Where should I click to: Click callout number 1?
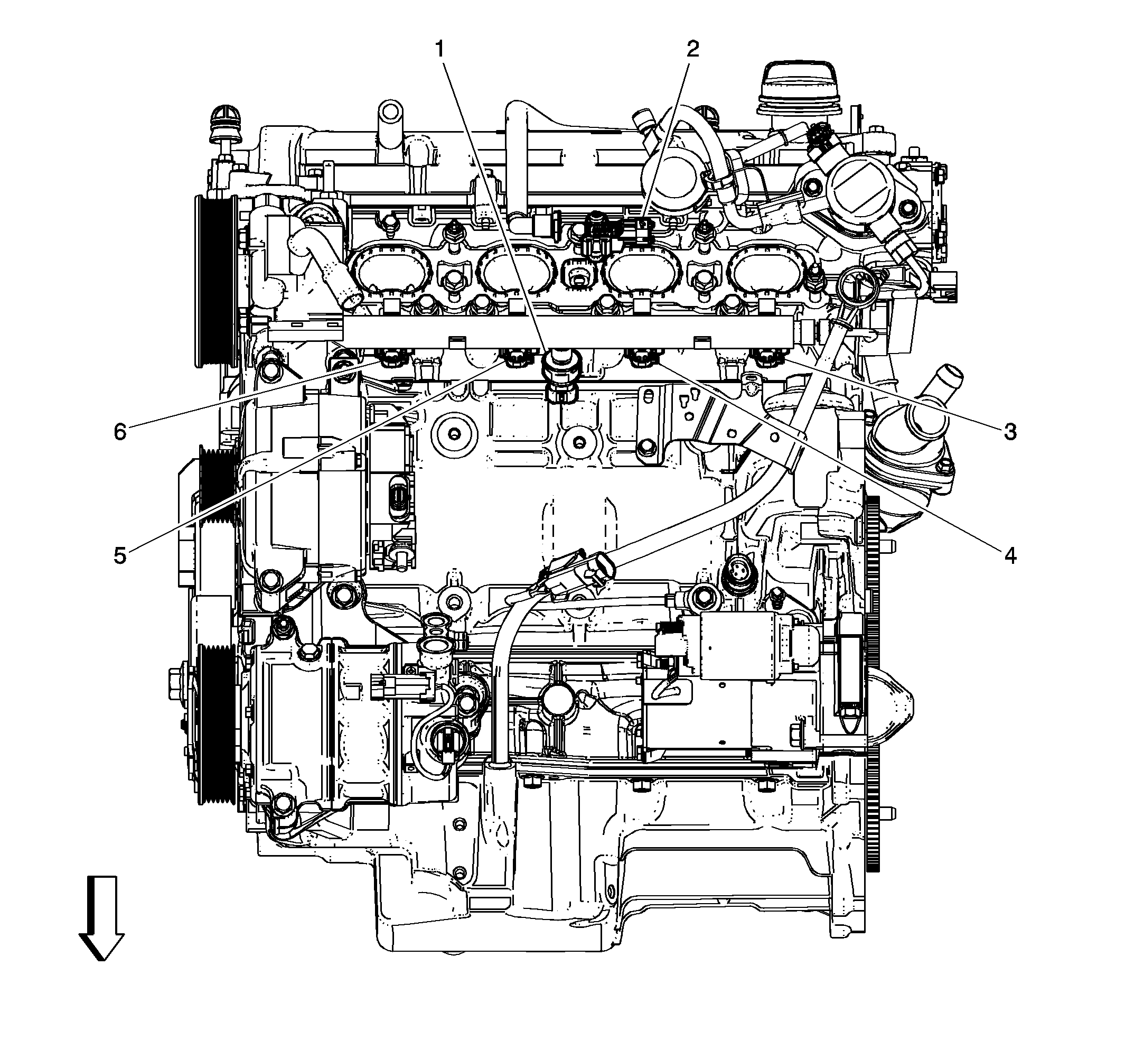440,50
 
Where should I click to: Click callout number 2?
692,50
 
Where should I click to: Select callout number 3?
1010,432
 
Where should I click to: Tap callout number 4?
1010,555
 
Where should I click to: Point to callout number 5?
120,555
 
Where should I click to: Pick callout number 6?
120,432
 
